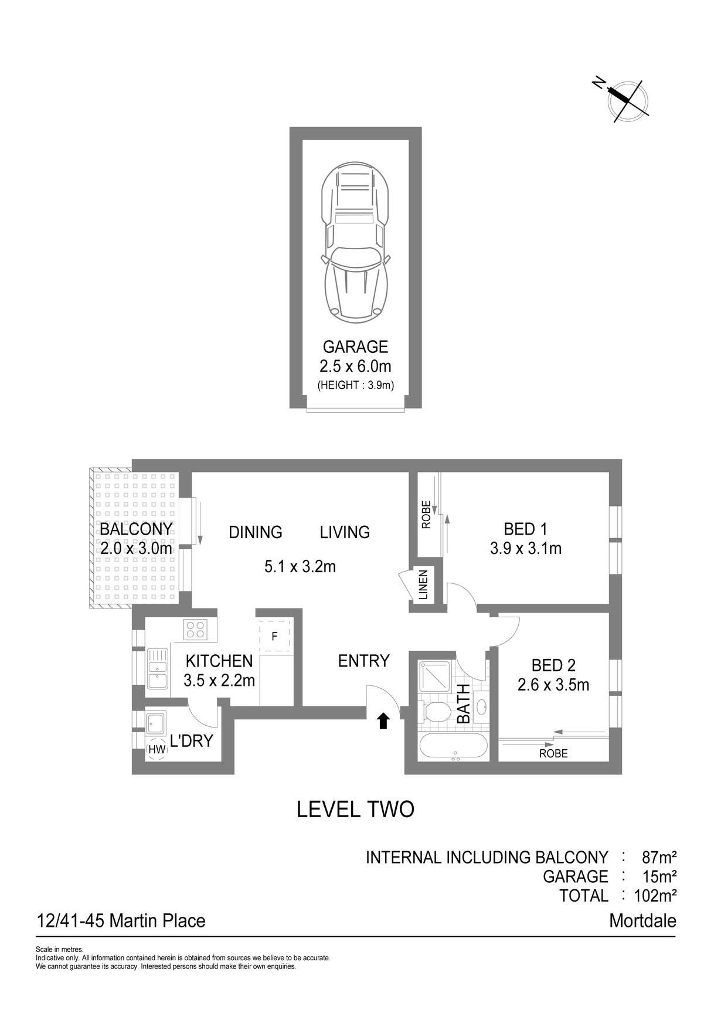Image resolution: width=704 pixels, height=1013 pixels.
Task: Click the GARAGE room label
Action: (x=355, y=346)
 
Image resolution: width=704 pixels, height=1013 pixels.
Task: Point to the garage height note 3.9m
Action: (x=355, y=386)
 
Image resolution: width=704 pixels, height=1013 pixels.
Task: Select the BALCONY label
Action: (x=136, y=529)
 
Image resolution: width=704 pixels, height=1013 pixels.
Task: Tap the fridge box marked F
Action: (x=274, y=635)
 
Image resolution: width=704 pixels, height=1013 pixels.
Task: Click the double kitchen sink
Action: (x=157, y=669)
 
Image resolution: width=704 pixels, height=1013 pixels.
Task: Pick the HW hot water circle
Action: (x=157, y=749)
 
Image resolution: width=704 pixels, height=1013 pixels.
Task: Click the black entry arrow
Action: (x=383, y=720)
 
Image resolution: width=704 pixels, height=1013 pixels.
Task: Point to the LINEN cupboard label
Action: (x=423, y=586)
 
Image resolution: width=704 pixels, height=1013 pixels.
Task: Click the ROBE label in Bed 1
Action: (x=426, y=514)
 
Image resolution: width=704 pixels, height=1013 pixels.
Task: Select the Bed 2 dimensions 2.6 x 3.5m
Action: (x=553, y=684)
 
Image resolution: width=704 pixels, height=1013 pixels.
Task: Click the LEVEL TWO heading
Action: (x=356, y=810)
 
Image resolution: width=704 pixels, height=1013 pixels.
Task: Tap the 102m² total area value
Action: (x=655, y=895)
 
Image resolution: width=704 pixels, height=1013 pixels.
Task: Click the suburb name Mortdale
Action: (x=643, y=920)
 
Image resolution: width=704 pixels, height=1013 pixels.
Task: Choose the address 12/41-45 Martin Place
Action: (x=121, y=920)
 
